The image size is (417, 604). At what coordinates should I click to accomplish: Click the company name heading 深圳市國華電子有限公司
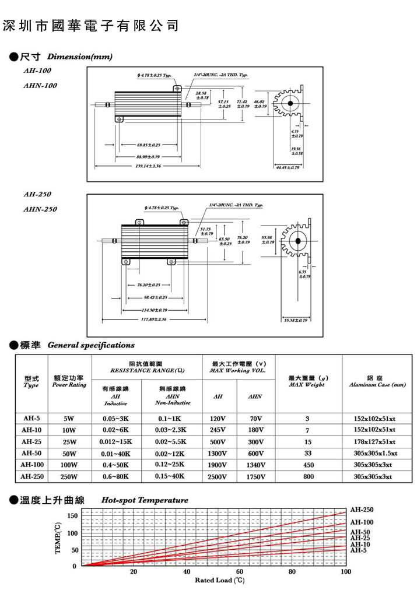pos(90,26)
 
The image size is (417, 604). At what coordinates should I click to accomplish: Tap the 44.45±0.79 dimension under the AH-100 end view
pos(288,167)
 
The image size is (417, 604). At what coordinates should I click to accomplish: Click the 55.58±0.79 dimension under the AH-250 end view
pos(295,320)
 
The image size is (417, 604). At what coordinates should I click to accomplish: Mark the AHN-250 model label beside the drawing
pos(40,209)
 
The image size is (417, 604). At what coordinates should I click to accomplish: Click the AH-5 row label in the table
pos(31,418)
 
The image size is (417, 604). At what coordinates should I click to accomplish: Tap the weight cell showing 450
pos(309,465)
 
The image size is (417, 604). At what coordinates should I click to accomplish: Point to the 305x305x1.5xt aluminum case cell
pos(376,453)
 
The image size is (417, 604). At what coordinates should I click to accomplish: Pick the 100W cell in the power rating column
pos(69,465)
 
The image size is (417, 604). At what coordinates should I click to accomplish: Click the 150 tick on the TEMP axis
pos(72,515)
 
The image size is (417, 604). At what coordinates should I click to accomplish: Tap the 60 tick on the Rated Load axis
pos(240,572)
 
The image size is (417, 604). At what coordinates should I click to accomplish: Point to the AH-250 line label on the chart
pos(362,510)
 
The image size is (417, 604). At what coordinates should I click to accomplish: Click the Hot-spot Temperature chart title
pos(145,500)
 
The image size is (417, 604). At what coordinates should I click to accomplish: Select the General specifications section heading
pos(91,345)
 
